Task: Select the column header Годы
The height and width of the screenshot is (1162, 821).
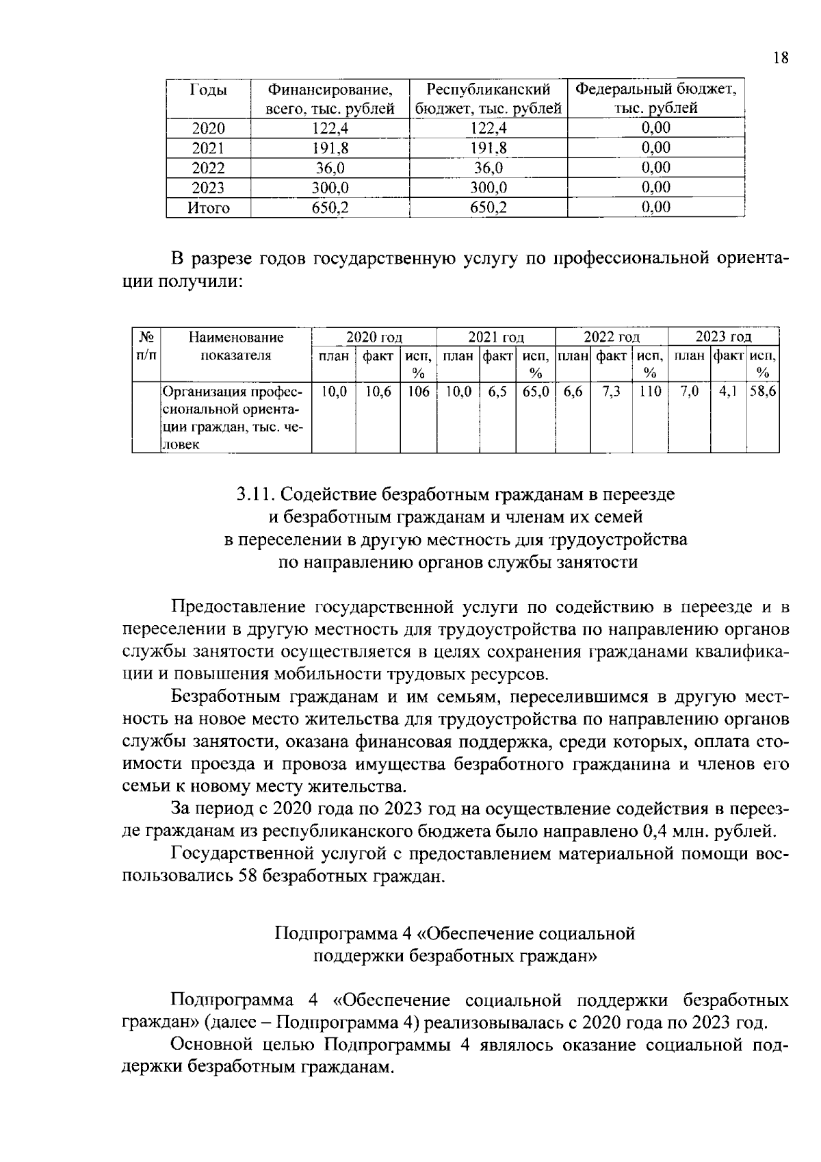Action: (x=208, y=90)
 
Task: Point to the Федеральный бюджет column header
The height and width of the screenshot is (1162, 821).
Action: (x=655, y=98)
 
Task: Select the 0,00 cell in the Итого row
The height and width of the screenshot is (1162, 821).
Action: (x=655, y=207)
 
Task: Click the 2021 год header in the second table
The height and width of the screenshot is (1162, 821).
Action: (x=495, y=337)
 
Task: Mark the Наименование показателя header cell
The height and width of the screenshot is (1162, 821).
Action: (x=235, y=346)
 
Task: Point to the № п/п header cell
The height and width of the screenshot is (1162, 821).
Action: (x=145, y=346)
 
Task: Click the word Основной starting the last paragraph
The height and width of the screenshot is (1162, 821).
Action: (x=208, y=1045)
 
